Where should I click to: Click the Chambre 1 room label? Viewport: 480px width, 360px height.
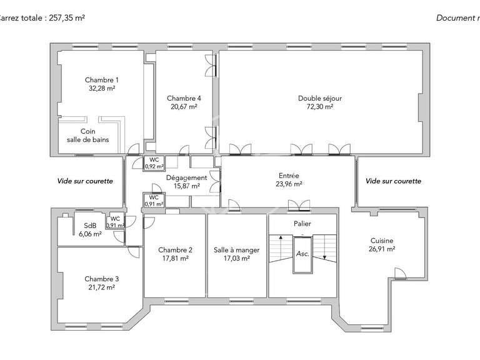101,80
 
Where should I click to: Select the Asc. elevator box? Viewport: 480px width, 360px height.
302,254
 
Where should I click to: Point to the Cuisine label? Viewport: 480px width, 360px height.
381,240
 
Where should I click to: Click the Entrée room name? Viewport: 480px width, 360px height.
289,176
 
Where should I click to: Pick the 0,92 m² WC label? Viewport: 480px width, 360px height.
154,167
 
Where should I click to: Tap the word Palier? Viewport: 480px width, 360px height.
302,224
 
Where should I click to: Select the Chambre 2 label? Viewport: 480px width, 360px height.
175,250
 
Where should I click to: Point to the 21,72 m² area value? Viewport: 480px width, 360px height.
101,287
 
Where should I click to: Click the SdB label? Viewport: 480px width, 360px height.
90,226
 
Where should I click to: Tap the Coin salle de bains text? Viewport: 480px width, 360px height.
87,136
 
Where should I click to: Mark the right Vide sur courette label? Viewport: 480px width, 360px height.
393,181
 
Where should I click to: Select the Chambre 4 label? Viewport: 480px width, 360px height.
184,99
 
